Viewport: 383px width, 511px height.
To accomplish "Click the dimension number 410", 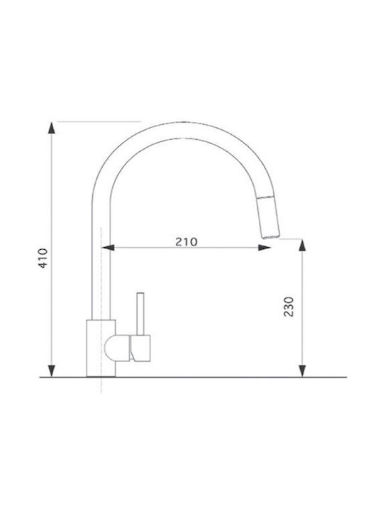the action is click(43, 258).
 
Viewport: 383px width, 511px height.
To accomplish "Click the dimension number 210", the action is click(187, 241).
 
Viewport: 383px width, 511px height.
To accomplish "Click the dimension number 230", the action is click(289, 307).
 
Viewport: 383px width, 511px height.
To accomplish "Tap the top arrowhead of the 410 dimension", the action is click(52, 128).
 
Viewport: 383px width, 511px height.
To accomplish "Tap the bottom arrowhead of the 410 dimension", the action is click(52, 371).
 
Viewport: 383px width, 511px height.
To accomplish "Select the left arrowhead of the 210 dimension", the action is click(108, 248).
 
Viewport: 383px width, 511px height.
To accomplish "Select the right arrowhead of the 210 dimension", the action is click(264, 248).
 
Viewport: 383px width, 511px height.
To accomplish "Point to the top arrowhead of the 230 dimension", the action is click(302, 245).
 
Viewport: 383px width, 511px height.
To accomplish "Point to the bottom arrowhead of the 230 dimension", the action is click(302, 371).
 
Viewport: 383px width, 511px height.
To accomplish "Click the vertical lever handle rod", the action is click(140, 314).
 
